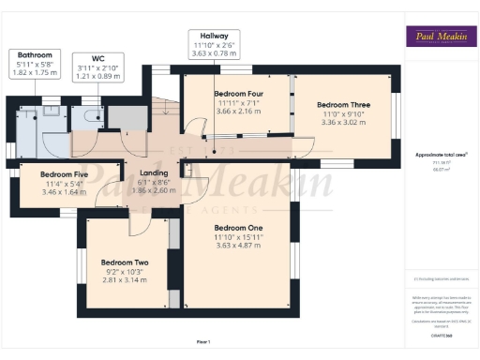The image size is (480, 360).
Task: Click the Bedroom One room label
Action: (x=238, y=228)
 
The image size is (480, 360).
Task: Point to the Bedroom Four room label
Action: (x=238, y=94)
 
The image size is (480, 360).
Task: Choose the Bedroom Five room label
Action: (x=64, y=173)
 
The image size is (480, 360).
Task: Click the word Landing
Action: (x=153, y=173)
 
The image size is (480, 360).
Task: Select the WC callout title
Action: (x=97, y=57)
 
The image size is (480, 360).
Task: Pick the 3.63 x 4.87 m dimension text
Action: (x=238, y=245)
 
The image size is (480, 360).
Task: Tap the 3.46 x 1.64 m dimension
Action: (x=64, y=190)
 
